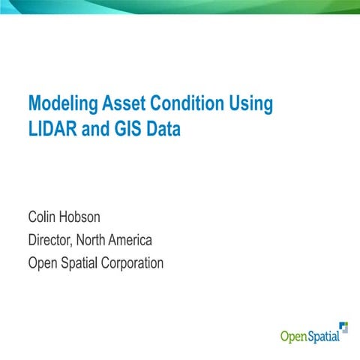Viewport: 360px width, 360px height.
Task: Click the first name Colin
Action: [x=43, y=218]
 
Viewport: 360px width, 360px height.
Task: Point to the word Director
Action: [x=52, y=241]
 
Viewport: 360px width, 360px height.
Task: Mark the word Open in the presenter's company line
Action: [x=42, y=263]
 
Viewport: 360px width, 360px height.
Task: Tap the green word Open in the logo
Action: [x=293, y=336]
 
